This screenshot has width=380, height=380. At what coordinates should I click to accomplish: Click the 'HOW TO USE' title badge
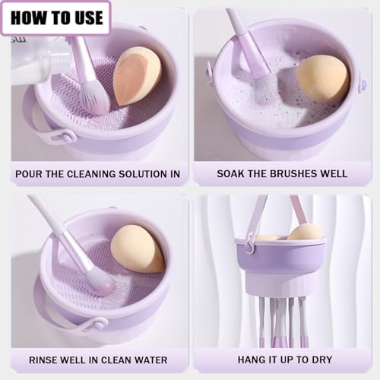pos(55,17)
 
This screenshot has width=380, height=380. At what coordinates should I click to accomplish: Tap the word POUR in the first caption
pos(33,174)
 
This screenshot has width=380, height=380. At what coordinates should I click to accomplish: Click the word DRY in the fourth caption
pos(336,359)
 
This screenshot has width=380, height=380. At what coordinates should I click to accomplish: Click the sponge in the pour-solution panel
pos(137,75)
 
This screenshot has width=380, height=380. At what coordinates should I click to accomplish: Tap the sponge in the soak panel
pos(322,78)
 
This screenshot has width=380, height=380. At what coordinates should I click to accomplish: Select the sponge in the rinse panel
pos(137,249)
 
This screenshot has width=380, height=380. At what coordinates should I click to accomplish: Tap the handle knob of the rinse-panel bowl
pos(98,324)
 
